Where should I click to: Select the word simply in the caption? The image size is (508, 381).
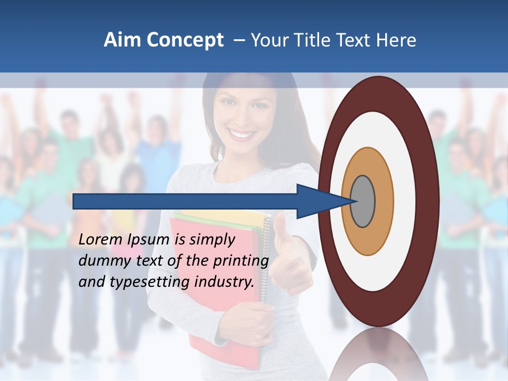click(212, 240)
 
